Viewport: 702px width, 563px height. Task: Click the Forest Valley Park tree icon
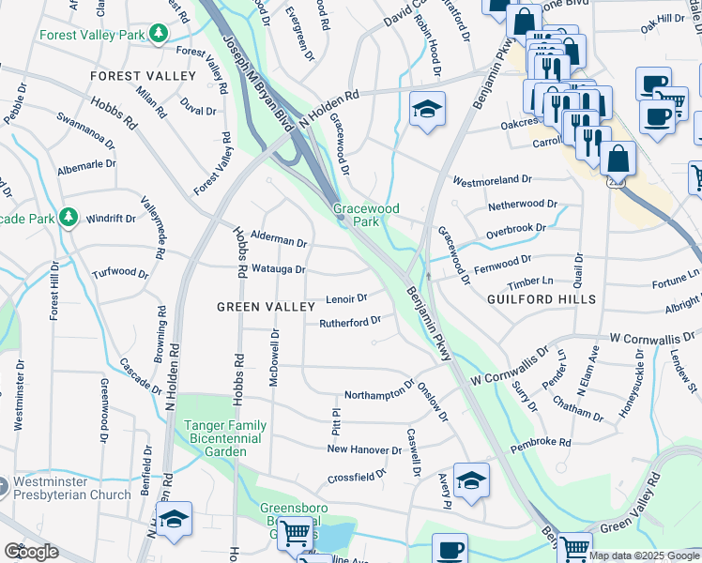point(160,34)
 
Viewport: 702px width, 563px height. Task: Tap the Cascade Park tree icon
point(68,218)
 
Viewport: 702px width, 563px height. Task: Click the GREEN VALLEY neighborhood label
point(265,307)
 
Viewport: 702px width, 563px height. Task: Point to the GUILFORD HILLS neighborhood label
point(542,299)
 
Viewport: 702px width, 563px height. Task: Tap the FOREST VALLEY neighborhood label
point(143,76)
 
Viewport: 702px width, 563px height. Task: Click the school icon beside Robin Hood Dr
point(427,109)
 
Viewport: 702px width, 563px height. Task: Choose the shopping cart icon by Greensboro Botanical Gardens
point(296,534)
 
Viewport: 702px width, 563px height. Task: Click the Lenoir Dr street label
point(345,299)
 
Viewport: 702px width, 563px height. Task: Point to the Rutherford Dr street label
point(349,321)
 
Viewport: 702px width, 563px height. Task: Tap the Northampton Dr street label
point(379,390)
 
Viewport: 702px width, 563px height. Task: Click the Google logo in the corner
point(31,552)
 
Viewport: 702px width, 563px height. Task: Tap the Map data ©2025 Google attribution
point(643,555)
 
